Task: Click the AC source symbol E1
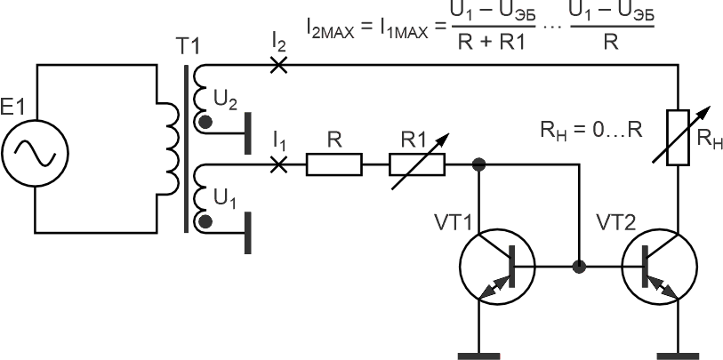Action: [35, 153]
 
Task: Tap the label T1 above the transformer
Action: [189, 46]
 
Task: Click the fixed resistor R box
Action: [334, 165]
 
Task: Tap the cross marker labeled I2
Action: [278, 65]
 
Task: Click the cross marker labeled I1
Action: [278, 164]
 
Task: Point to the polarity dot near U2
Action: [205, 123]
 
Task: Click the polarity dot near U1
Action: [205, 222]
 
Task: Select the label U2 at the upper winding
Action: [225, 100]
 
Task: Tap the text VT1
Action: [454, 222]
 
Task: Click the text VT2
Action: [616, 222]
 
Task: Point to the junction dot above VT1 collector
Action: [479, 164]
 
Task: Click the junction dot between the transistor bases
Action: [579, 267]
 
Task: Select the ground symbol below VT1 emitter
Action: [479, 356]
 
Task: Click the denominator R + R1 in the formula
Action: [491, 44]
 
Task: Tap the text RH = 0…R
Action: [591, 131]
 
